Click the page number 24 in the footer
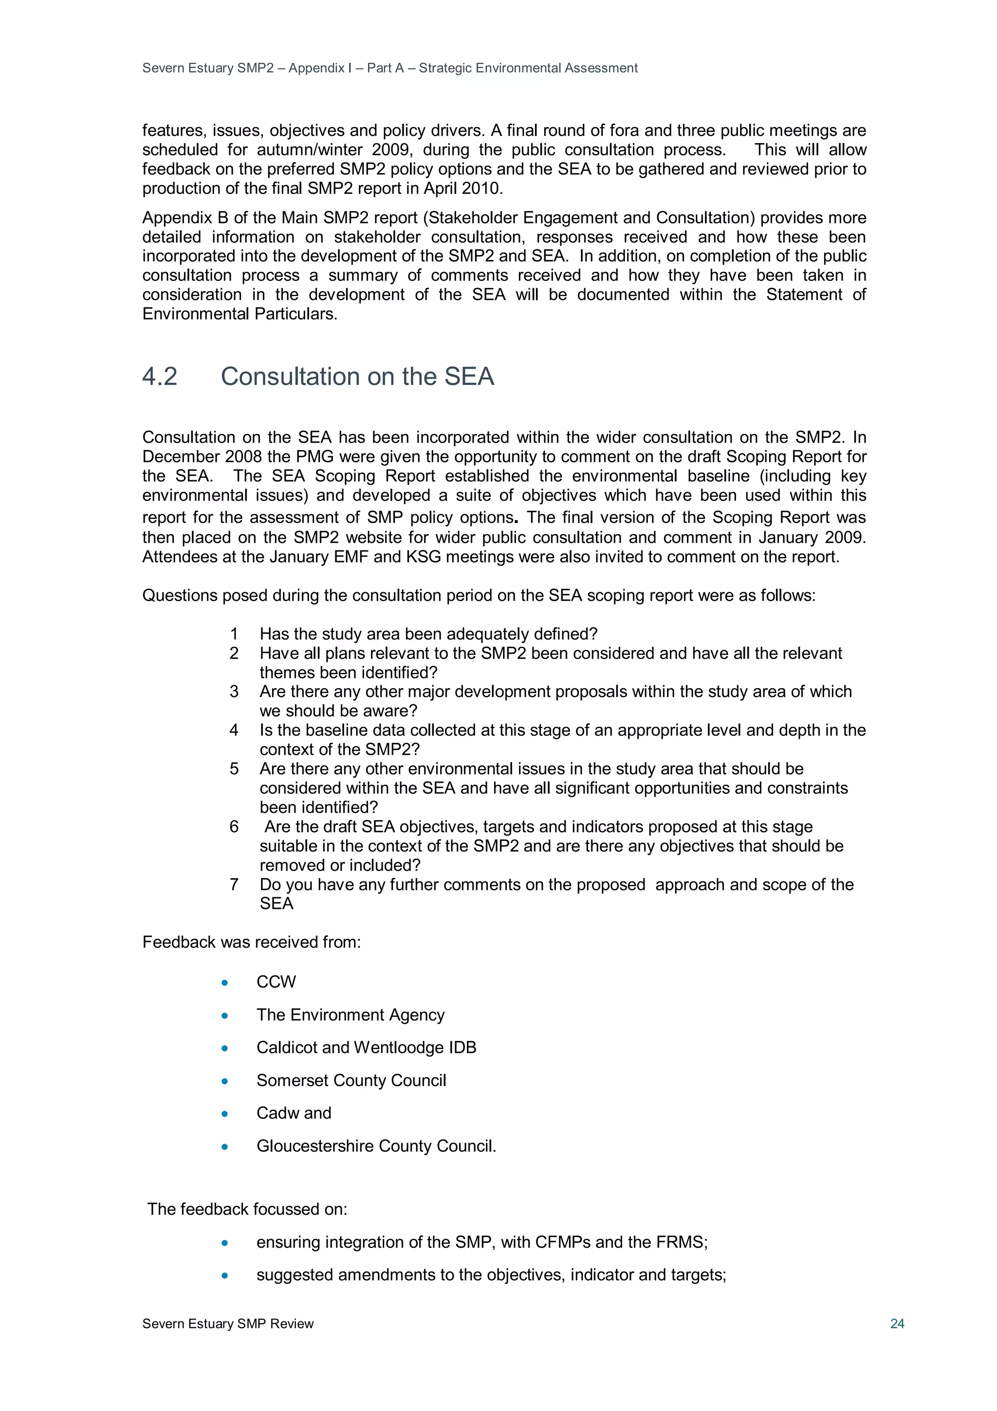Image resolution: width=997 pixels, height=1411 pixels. [896, 1323]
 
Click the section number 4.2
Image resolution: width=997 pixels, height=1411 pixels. [160, 376]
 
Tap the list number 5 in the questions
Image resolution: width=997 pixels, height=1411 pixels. [234, 768]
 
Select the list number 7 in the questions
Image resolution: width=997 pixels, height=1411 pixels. [234, 884]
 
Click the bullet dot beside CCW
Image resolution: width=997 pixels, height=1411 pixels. [225, 983]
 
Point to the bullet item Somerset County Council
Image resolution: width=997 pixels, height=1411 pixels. [351, 1080]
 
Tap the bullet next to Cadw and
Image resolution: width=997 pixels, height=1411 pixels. [225, 1113]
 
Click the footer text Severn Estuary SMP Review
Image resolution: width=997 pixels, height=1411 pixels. [228, 1323]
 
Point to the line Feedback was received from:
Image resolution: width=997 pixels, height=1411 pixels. [251, 942]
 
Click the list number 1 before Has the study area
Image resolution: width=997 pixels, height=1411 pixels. [234, 634]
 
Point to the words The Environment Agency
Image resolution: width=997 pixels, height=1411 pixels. [350, 1015]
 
